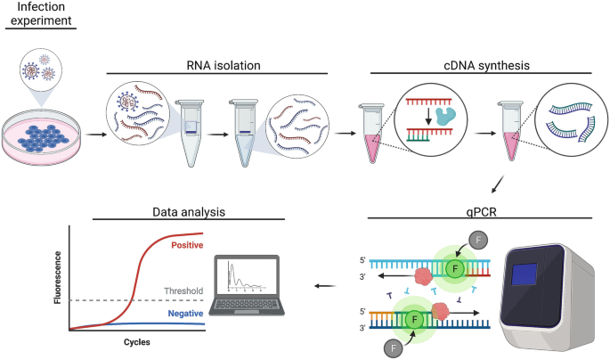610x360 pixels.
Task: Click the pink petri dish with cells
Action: (41, 135)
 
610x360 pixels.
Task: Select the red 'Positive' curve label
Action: (186, 244)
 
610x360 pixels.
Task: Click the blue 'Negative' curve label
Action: (186, 314)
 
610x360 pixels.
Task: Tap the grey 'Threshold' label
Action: (185, 290)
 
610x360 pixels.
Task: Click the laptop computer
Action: (248, 286)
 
